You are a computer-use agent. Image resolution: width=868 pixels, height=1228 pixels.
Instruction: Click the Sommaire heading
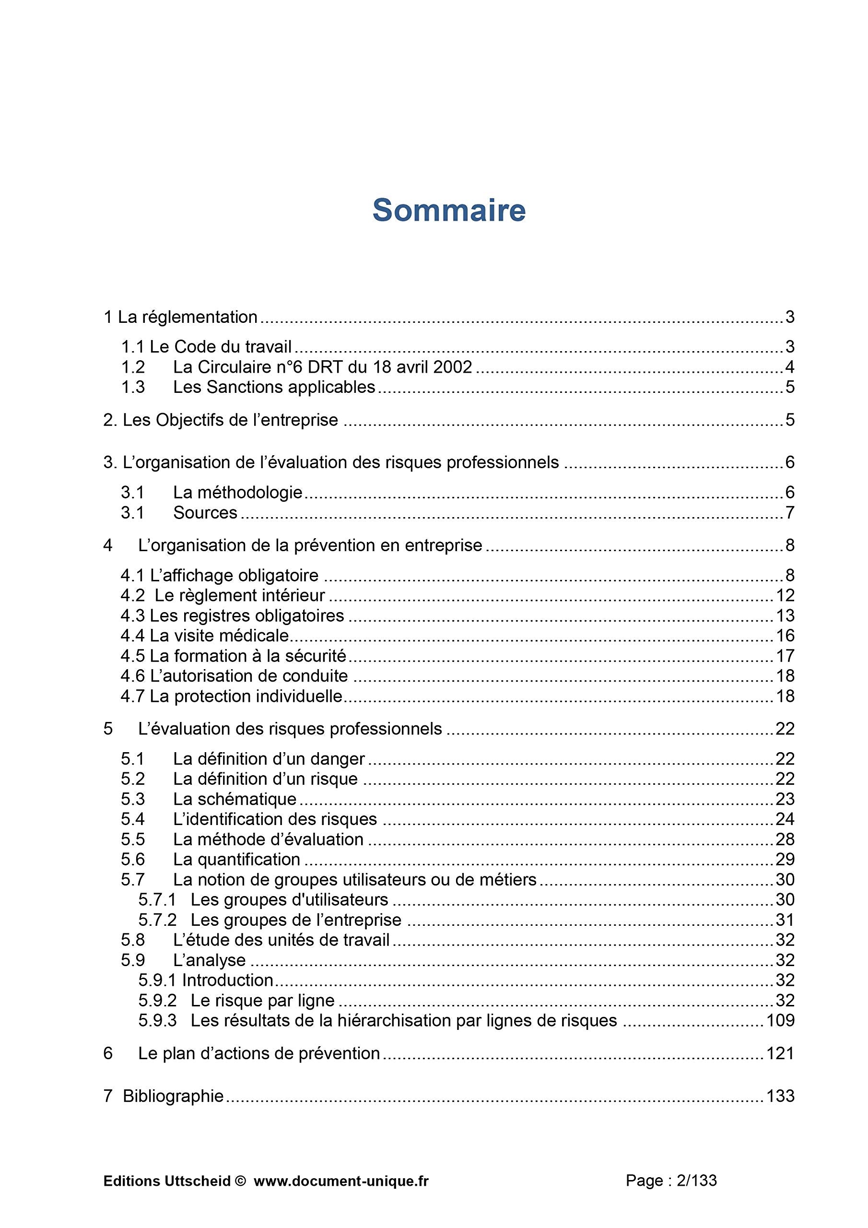click(449, 210)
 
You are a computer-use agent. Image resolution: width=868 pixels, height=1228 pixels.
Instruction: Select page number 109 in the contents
click(780, 1020)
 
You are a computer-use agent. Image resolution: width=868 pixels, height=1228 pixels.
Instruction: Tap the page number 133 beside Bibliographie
click(780, 1096)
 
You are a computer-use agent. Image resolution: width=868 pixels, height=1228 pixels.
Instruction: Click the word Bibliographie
click(173, 1096)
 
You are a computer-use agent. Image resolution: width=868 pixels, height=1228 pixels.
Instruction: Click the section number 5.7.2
click(157, 920)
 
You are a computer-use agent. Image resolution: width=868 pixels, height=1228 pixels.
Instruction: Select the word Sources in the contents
click(205, 512)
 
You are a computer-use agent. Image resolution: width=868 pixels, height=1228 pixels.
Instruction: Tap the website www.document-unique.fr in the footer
click(341, 1177)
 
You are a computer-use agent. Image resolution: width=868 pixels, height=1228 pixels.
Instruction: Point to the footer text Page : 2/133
click(671, 1176)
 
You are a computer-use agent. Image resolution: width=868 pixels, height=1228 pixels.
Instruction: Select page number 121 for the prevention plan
click(780, 1053)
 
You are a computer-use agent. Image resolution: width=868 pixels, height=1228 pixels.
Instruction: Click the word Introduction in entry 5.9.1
click(228, 980)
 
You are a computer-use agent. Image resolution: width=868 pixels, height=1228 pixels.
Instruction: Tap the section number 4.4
click(133, 636)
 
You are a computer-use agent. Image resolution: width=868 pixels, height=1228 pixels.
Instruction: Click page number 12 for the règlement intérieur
click(785, 595)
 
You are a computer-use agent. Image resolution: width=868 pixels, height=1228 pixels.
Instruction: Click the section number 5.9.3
click(157, 1020)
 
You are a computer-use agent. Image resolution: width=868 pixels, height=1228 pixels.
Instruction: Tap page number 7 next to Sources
click(790, 512)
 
